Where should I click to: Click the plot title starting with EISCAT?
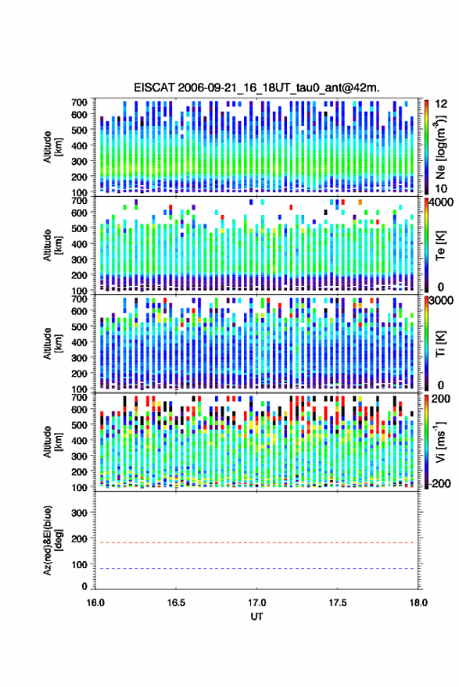pyautogui.click(x=256, y=88)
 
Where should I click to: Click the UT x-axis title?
pyautogui.click(x=256, y=617)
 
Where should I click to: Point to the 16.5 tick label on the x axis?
pyautogui.click(x=176, y=603)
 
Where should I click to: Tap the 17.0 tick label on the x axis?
pyautogui.click(x=256, y=603)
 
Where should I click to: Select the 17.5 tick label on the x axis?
pyautogui.click(x=337, y=603)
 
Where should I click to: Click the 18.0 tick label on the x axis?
pyautogui.click(x=418, y=603)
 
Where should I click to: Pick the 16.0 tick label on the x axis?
pyautogui.click(x=95, y=603)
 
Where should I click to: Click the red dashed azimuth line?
pyautogui.click(x=256, y=542)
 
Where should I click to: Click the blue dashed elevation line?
pyautogui.click(x=256, y=569)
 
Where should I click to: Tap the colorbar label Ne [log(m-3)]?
pyautogui.click(x=440, y=147)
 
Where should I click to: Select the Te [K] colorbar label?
pyautogui.click(x=440, y=245)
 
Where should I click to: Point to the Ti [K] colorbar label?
pyautogui.click(x=440, y=344)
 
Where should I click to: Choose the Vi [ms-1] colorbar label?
pyautogui.click(x=440, y=442)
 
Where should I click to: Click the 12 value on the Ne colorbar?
pyautogui.click(x=441, y=104)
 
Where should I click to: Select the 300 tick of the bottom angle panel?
pyautogui.click(x=79, y=513)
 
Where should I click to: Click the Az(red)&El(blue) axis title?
pyautogui.click(x=52, y=540)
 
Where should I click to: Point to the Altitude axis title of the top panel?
pyautogui.click(x=52, y=147)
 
